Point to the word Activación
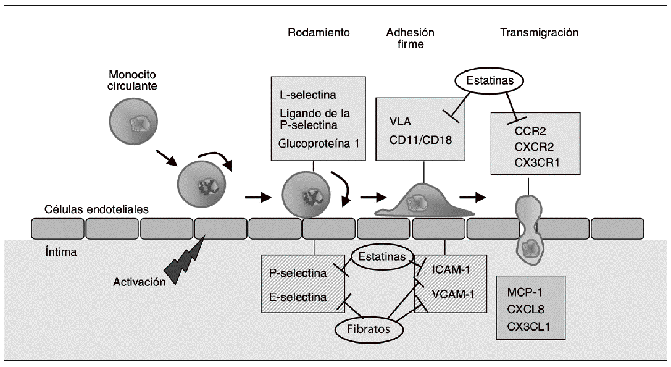140,282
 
